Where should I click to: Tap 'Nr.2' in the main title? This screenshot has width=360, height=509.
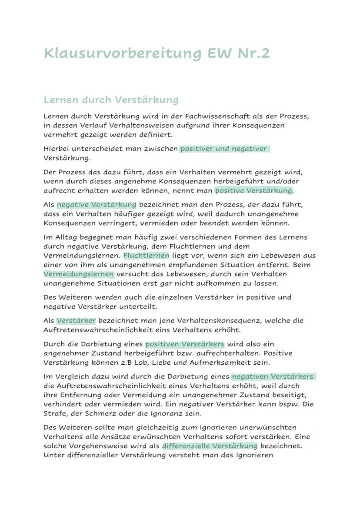(x=253, y=53)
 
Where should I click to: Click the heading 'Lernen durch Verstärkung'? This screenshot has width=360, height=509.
(x=111, y=100)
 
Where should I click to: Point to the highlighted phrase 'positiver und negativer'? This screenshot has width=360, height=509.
(x=224, y=149)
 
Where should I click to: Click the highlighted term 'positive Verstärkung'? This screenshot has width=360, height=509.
(x=253, y=190)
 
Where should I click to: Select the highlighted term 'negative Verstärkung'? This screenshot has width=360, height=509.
(x=96, y=204)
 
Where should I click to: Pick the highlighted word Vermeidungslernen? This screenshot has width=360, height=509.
(x=79, y=274)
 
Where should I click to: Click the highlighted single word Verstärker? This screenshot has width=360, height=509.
(x=76, y=320)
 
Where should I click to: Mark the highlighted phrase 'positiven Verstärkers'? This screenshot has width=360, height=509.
(x=185, y=344)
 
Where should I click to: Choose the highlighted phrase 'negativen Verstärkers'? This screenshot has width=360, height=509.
(x=273, y=376)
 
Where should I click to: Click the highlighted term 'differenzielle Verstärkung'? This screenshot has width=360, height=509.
(x=210, y=446)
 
